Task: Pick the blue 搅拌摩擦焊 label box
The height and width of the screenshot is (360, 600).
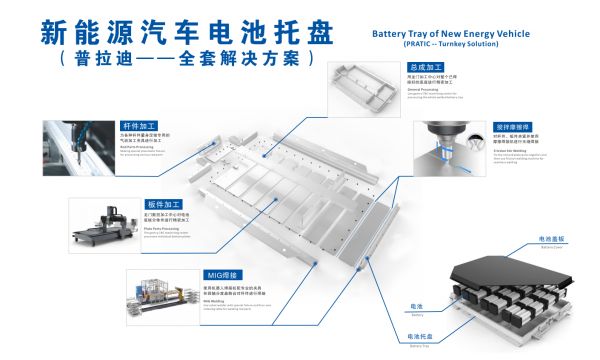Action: click(512, 128)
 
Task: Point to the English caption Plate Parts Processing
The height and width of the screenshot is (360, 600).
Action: click(165, 228)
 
